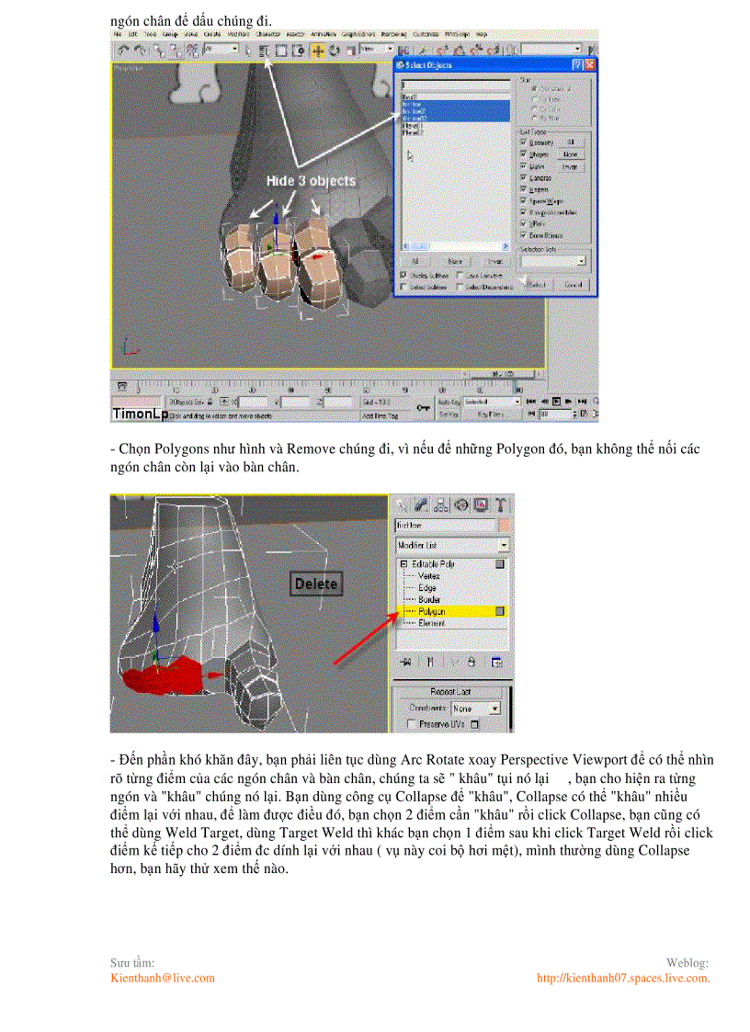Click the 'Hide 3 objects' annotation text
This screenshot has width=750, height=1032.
click(310, 181)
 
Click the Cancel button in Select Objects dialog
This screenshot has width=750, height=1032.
click(573, 285)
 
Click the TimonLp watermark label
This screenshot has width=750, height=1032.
click(140, 414)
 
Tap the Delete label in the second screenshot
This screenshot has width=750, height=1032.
click(315, 584)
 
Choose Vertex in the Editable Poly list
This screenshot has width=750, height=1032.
click(428, 575)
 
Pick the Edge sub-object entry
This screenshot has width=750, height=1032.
click(427, 587)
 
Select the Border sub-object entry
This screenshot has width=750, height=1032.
click(429, 599)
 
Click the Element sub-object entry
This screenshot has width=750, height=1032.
click(431, 623)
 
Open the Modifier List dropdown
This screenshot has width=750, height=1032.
click(451, 545)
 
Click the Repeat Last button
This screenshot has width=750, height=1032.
click(450, 692)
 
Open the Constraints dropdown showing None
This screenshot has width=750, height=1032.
click(477, 709)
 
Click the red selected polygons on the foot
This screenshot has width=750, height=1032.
click(161, 678)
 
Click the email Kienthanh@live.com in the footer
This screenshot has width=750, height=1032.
click(163, 978)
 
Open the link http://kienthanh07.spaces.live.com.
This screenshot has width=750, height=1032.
click(623, 978)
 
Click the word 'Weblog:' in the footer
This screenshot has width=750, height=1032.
click(687, 962)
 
